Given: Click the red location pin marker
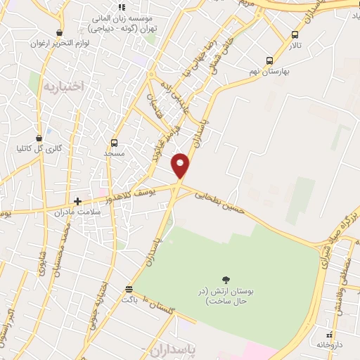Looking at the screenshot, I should (x=181, y=165).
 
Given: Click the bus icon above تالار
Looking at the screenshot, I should (x=295, y=34).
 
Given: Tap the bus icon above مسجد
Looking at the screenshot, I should (x=114, y=143).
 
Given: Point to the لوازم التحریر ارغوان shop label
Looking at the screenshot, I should (x=58, y=43).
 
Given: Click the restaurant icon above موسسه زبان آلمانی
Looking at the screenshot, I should (x=122, y=7).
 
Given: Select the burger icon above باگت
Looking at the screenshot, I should (x=129, y=289).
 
